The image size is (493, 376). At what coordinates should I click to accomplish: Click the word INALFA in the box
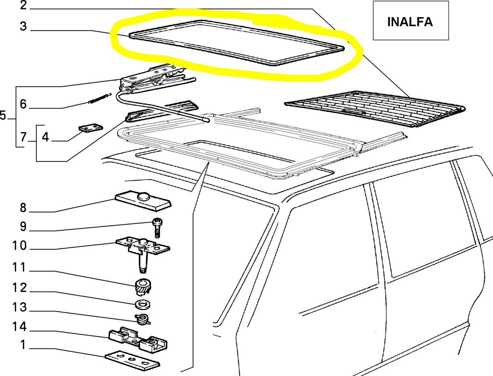click(x=410, y=22)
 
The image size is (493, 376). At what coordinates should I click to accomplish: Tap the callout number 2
click(x=23, y=5)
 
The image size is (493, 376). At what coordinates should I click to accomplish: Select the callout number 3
click(x=23, y=26)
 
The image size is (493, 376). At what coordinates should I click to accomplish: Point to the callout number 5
click(x=3, y=115)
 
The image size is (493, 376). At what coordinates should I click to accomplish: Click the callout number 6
click(x=23, y=104)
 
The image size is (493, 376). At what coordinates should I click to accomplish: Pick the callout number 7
click(x=23, y=137)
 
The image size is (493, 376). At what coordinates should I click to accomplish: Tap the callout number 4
click(x=45, y=137)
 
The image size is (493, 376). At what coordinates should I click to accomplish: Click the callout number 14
click(x=19, y=327)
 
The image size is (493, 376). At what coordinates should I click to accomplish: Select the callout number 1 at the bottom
click(x=23, y=345)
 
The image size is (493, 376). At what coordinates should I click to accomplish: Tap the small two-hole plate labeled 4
click(x=91, y=128)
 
